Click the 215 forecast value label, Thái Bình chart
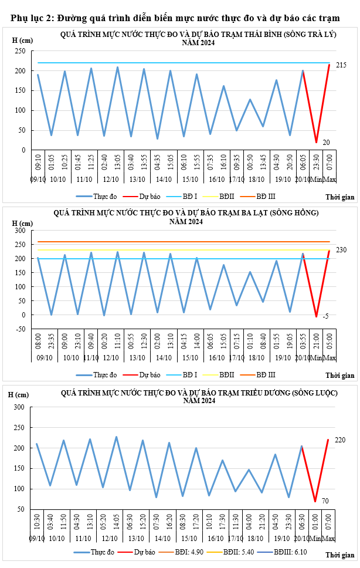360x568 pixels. point(341,65)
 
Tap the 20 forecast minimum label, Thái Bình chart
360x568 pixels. point(326,142)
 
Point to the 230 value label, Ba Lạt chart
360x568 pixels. point(341,250)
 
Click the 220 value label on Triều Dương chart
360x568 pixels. point(341,439)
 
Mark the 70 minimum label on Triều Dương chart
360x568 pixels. point(326,501)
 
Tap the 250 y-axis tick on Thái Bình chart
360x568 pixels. point(19,51)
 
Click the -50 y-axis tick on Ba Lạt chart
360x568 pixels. point(19,329)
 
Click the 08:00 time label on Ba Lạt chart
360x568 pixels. point(38,342)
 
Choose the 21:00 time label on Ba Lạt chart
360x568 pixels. point(316,342)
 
